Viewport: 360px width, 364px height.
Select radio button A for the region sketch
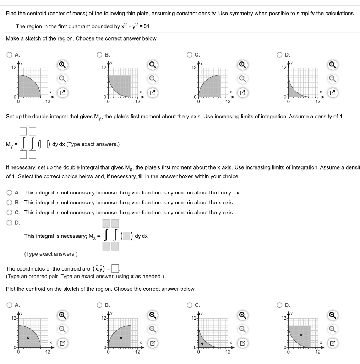[9, 55]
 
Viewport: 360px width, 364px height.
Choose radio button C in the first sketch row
[190, 55]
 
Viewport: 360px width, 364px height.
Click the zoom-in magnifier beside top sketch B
[152, 65]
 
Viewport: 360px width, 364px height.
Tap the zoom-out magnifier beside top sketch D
[332, 79]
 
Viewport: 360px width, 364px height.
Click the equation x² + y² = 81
[137, 27]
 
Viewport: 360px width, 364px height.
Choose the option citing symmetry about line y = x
[9, 193]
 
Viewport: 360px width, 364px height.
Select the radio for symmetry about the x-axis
[9, 203]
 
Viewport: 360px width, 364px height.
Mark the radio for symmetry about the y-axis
[9, 213]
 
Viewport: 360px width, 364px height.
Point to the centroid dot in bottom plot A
[28, 338]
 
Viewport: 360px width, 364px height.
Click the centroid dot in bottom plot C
[202, 344]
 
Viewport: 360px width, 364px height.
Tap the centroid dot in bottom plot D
[301, 335]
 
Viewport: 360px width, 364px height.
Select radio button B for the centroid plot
[100, 305]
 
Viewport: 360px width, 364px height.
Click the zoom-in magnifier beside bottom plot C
[242, 315]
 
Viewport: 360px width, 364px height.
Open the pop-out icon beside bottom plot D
[332, 343]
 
